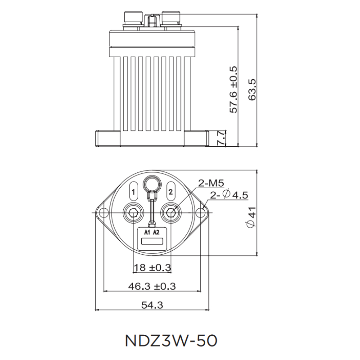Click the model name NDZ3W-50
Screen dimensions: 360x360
pos(171,340)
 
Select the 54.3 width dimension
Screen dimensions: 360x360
pos(152,305)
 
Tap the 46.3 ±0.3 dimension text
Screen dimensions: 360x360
pos(152,286)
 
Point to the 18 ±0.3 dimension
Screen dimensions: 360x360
pos(152,268)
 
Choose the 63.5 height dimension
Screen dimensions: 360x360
pos(265,90)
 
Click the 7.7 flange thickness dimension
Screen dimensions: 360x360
pos(221,138)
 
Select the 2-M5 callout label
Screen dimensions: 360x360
pos(211,183)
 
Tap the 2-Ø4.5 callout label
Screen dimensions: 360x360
pos(229,195)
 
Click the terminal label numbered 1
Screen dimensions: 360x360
pos(133,192)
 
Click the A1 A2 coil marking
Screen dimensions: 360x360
pos(152,232)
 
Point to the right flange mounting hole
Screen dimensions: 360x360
pos(201,212)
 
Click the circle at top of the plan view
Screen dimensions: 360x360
pos(152,184)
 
